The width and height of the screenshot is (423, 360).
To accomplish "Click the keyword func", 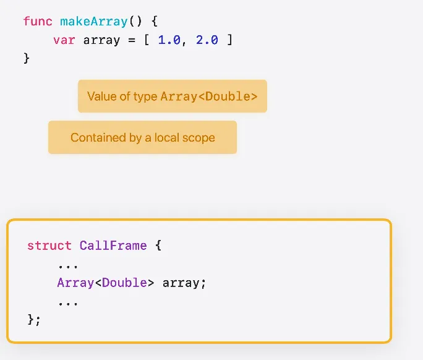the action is (38, 22).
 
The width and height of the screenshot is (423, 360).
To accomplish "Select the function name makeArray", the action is (93, 22).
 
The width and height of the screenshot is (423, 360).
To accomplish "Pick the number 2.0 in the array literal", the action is (206, 40).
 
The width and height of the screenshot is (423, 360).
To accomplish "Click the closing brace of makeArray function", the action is (27, 58).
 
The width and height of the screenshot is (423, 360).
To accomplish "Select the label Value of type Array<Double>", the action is (172, 96).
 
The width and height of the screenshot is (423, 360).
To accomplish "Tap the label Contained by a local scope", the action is (142, 137).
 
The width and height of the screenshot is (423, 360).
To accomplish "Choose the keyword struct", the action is (49, 246).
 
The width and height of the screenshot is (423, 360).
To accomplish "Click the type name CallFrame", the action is (113, 246).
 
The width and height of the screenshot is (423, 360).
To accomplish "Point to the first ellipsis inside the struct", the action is (65, 265).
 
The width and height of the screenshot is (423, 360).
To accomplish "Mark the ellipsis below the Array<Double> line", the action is (65, 302).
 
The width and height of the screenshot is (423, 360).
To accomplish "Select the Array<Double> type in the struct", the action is (106, 283).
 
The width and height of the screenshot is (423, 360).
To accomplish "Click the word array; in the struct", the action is (184, 283).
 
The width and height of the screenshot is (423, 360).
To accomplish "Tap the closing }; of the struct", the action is (34, 320).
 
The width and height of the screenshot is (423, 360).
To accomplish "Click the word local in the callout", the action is (168, 137).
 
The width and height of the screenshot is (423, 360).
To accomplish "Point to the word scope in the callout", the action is (199, 137).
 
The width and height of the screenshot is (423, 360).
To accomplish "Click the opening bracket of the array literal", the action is (147, 40).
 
